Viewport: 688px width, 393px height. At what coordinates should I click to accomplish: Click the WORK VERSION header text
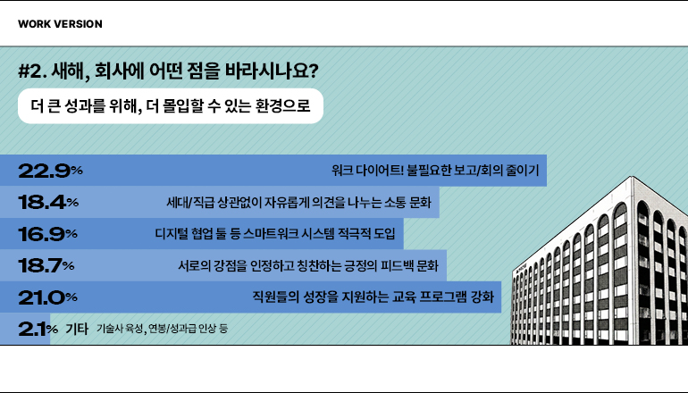point(60,24)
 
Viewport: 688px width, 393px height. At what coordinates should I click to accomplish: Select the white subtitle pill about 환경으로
point(170,107)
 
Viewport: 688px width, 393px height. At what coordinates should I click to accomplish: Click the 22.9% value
point(50,170)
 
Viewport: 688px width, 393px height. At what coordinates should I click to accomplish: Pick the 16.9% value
point(48,234)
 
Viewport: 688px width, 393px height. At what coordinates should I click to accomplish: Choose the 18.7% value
point(46,265)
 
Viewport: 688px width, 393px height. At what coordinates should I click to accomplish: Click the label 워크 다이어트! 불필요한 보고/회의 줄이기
point(435,170)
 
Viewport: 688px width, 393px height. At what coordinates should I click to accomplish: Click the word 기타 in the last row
point(77,329)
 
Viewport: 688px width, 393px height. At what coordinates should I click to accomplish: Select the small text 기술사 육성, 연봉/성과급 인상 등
point(161,329)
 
